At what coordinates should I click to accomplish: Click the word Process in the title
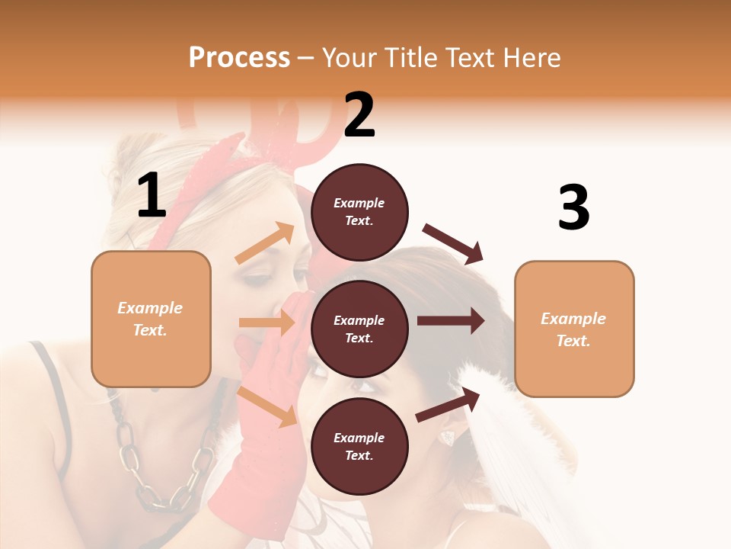click(239, 57)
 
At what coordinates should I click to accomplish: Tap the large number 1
click(152, 197)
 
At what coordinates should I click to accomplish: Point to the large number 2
click(359, 115)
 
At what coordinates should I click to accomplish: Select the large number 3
click(573, 207)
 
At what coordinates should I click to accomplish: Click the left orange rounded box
click(151, 319)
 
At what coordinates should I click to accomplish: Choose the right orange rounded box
click(574, 329)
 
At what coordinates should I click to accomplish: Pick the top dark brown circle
click(359, 212)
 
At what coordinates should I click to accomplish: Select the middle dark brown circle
click(359, 329)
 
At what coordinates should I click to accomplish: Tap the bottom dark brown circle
click(359, 446)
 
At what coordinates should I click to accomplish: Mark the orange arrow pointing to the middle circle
click(267, 323)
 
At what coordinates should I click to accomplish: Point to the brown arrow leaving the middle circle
click(451, 320)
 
